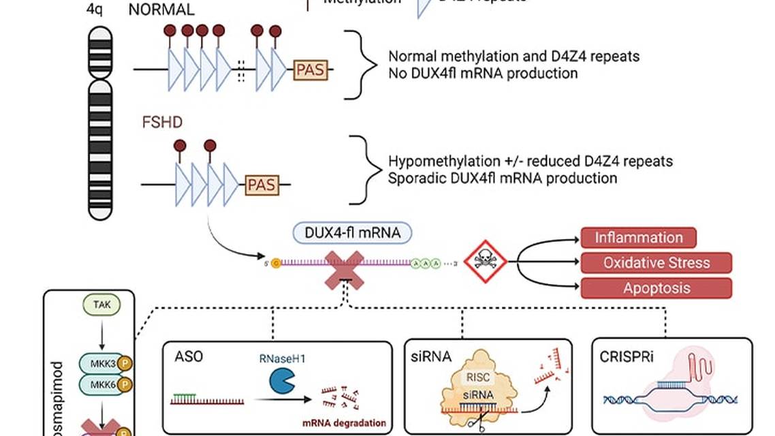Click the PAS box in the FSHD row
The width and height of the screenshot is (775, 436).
(262, 184)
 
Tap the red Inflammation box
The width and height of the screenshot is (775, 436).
(638, 238)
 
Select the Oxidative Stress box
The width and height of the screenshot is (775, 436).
(656, 262)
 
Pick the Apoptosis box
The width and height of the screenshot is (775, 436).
(656, 288)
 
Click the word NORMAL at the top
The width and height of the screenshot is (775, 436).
(161, 10)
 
